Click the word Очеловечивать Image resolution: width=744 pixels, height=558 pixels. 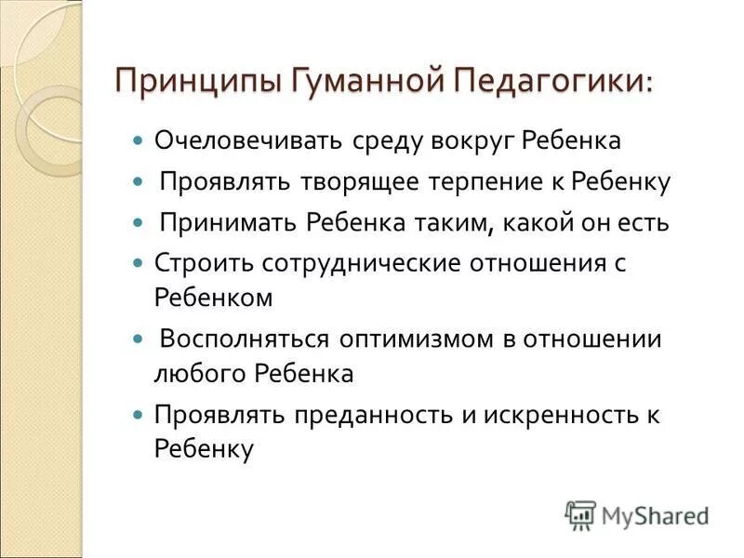[x=249, y=142]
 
